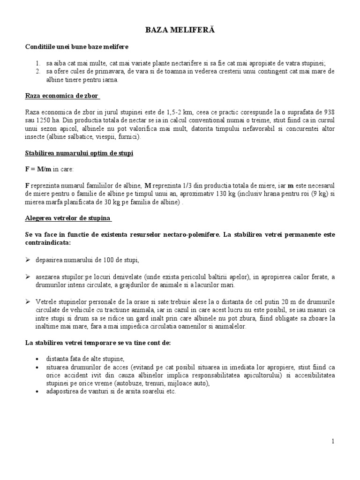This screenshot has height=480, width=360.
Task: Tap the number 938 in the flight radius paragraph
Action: (x=329, y=112)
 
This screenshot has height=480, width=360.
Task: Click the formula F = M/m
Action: (x=38, y=169)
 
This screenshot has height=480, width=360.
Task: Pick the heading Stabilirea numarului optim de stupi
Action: (x=79, y=153)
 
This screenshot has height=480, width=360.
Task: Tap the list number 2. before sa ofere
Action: (x=38, y=72)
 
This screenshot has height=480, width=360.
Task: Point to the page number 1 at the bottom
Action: (x=332, y=441)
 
